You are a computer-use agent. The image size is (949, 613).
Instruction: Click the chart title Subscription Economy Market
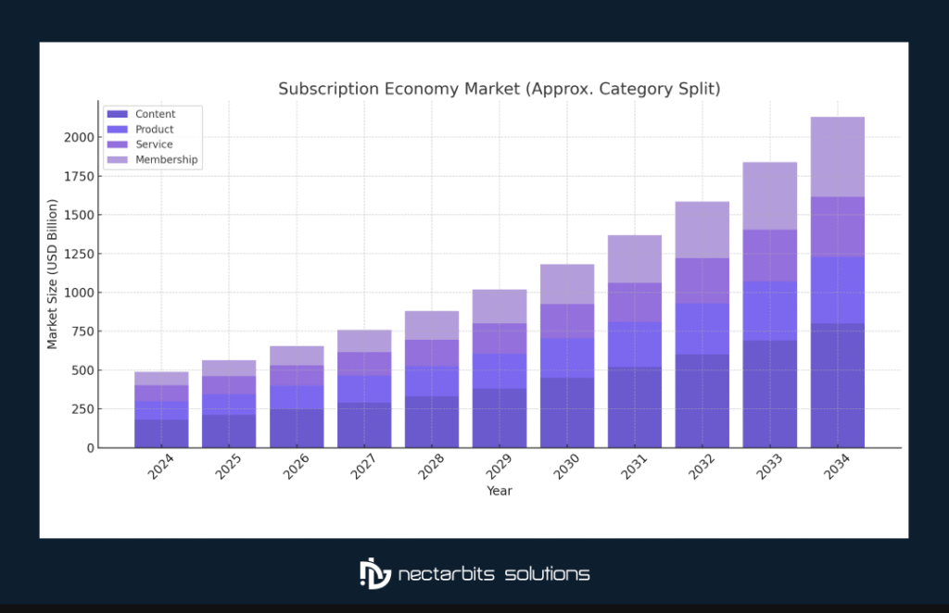click(499, 89)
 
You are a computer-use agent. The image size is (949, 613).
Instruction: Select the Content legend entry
click(155, 114)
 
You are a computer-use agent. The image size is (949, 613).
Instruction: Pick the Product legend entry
click(154, 130)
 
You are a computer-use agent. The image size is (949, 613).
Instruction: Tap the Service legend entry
click(154, 144)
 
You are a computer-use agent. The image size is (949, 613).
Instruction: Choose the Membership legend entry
click(166, 160)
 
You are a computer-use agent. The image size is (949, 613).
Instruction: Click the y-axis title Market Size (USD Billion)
click(53, 274)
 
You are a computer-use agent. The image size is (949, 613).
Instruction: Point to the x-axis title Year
click(500, 491)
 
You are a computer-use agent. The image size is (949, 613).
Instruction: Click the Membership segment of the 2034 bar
click(837, 156)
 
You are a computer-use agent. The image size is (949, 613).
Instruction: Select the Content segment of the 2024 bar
click(162, 433)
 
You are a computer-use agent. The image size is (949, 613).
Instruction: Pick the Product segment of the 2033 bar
click(769, 311)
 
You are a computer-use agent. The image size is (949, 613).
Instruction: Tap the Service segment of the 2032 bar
click(702, 281)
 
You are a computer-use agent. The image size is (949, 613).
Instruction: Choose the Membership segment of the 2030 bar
click(567, 284)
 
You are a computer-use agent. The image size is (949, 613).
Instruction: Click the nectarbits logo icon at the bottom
click(373, 573)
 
